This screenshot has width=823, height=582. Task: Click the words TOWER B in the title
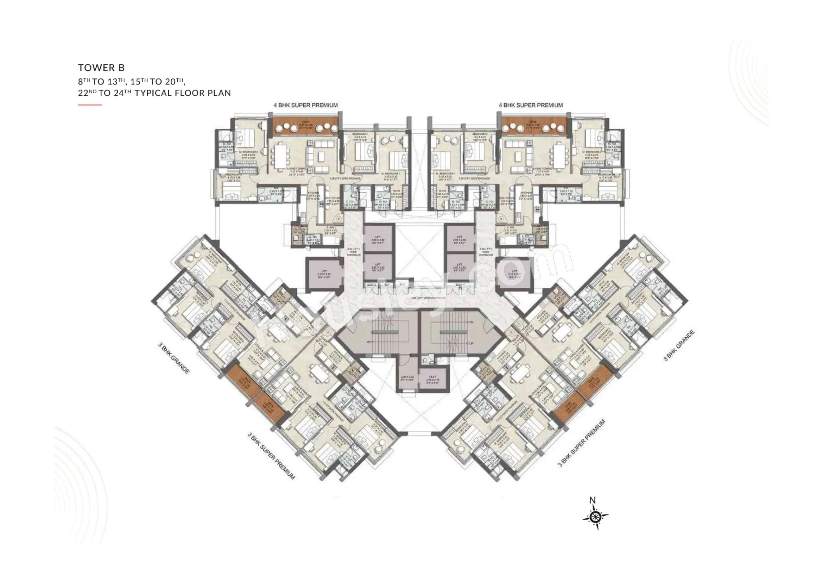tap(101, 67)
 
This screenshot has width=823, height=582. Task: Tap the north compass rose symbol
tap(595, 517)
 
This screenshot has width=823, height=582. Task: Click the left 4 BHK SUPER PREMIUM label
tap(306, 105)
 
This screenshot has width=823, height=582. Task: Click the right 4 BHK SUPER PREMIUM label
tap(531, 105)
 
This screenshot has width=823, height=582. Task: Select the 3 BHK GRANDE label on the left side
tap(174, 358)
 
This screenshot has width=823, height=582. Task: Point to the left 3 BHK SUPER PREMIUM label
tap(271, 456)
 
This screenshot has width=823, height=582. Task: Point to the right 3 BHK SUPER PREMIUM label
tap(581, 443)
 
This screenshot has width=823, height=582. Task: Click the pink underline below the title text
tap(90, 105)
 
